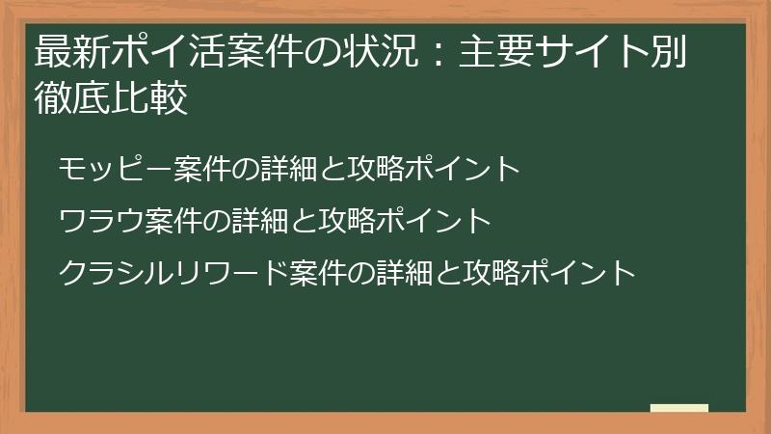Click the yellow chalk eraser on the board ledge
pyautogui.click(x=678, y=409)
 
